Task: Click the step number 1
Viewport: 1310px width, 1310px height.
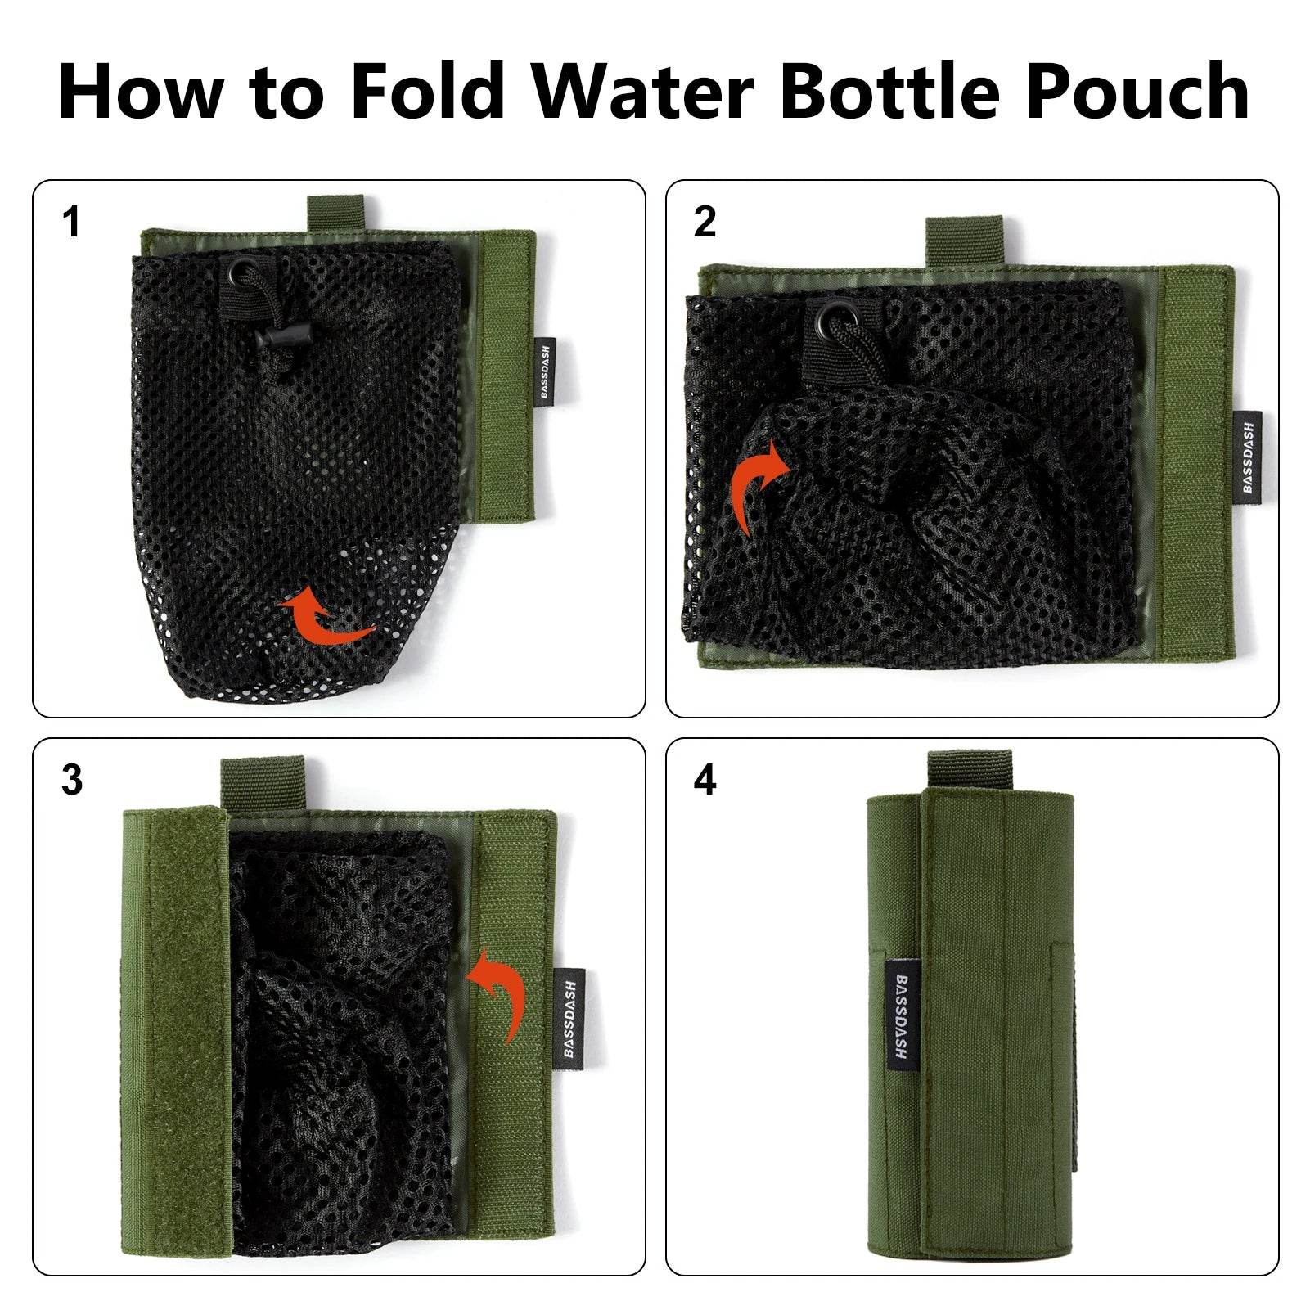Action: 72,223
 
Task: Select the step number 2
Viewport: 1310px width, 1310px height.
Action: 705,223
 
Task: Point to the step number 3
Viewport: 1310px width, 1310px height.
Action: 72,781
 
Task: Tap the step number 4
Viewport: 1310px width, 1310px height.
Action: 705,781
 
